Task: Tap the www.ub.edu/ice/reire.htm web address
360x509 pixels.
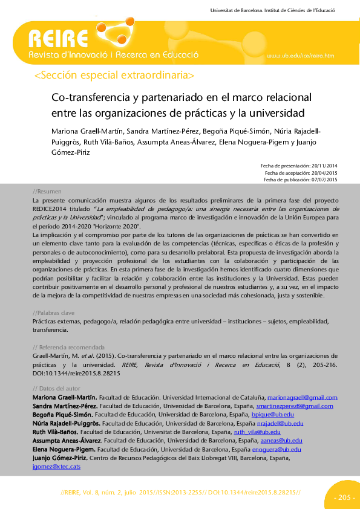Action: coord(300,56)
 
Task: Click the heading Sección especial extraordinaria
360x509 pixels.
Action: coord(115,76)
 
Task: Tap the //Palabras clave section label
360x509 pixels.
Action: coord(53,313)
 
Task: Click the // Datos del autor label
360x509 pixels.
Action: coord(56,387)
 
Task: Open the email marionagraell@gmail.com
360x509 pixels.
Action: coord(303,397)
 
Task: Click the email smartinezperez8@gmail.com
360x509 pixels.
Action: coord(295,406)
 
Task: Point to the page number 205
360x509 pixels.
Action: coord(344,498)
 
